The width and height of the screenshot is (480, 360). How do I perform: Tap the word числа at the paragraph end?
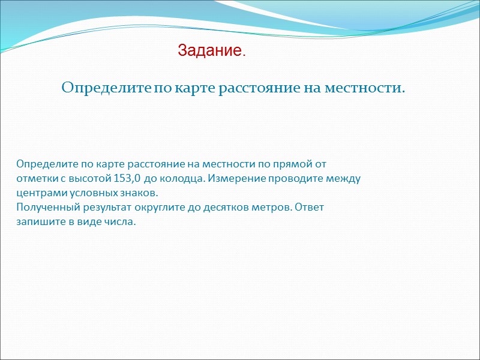(122, 223)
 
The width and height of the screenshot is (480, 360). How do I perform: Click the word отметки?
(36, 178)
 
